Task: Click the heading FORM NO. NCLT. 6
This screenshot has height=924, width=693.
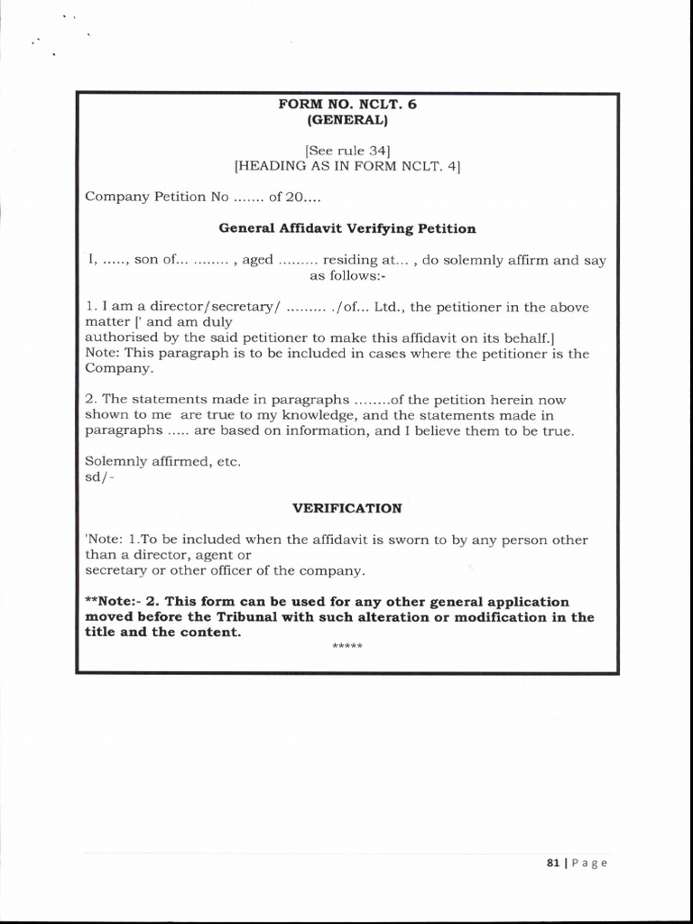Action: [347, 104]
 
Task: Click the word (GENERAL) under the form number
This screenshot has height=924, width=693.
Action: [347, 119]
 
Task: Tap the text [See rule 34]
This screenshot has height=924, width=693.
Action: [347, 151]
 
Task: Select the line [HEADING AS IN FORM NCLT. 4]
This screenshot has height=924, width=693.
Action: [347, 166]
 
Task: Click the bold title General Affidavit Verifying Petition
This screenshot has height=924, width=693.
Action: [347, 228]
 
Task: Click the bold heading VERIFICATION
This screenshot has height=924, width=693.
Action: [347, 508]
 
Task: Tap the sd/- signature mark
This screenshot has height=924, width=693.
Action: [100, 476]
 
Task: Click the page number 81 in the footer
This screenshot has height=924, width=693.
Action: [553, 863]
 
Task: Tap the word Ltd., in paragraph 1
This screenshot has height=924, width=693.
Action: [389, 307]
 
